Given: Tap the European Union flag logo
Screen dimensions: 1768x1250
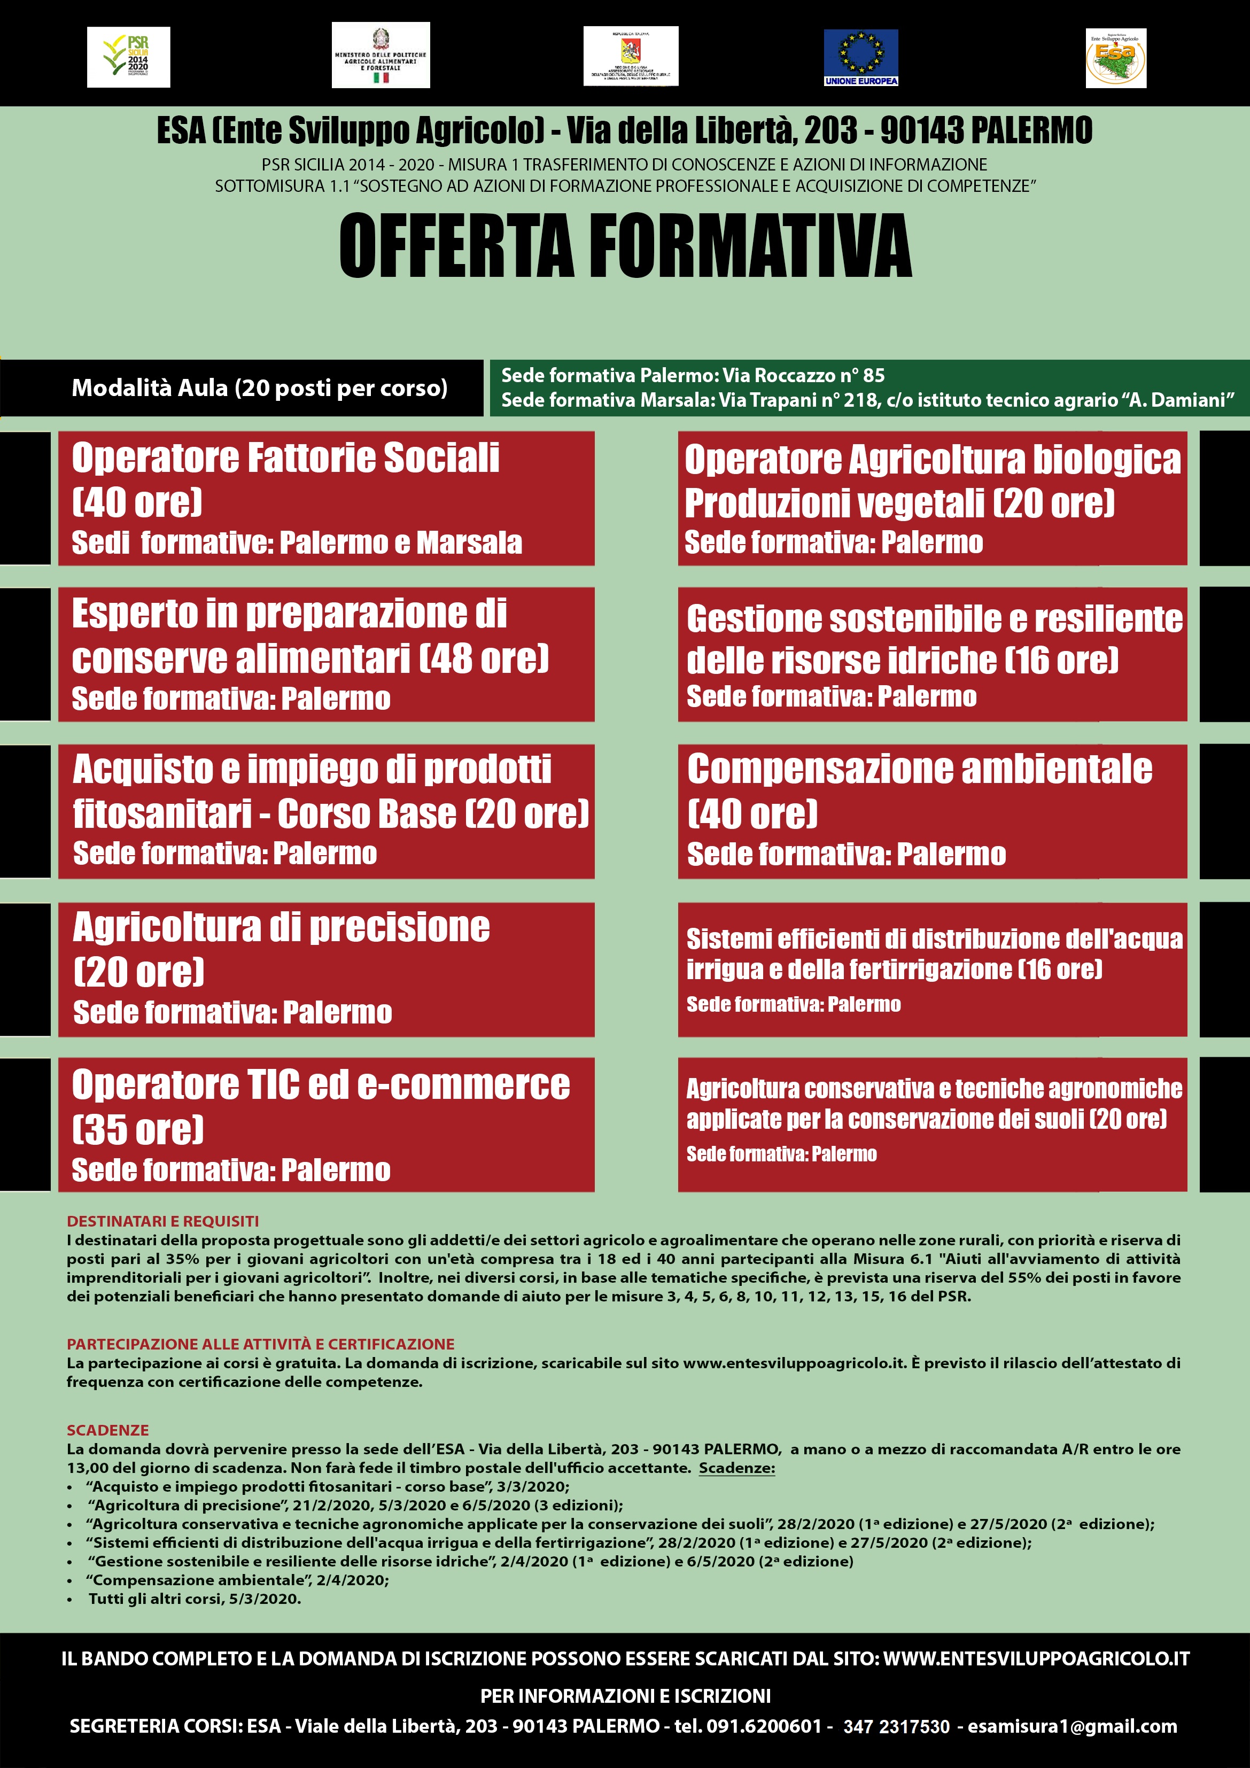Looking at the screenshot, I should (x=860, y=57).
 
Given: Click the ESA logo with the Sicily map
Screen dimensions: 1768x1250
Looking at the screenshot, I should (x=1115, y=58).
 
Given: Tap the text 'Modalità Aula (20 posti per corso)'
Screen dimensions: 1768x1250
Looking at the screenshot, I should (x=260, y=388).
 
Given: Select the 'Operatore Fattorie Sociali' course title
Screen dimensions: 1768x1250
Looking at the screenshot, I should (x=285, y=458).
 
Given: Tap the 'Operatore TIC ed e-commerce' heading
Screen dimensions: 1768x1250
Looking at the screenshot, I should (x=321, y=1085).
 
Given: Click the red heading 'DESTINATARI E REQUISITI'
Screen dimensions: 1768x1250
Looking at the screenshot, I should (x=162, y=1221).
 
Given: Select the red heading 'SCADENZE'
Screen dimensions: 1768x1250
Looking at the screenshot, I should (x=108, y=1430).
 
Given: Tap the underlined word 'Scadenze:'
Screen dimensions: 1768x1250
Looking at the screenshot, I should (x=736, y=1468).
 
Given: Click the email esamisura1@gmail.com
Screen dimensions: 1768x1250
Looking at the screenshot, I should (x=1072, y=1726).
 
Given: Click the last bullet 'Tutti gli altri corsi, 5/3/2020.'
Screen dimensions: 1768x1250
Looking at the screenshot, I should (x=194, y=1599).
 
